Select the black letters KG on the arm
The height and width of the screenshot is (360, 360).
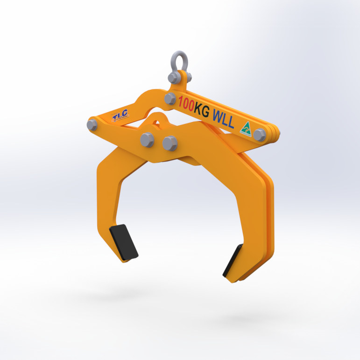[204, 108]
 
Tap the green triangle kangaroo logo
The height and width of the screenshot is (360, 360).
[246, 128]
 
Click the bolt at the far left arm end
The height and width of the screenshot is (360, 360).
[92, 125]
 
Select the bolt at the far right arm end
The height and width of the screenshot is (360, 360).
[260, 135]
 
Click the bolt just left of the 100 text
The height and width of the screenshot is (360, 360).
[170, 99]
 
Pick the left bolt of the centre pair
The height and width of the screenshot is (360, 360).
[147, 140]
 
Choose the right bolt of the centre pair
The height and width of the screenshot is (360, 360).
[169, 143]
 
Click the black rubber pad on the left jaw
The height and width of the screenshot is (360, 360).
[124, 242]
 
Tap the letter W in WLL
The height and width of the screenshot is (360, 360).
[217, 114]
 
